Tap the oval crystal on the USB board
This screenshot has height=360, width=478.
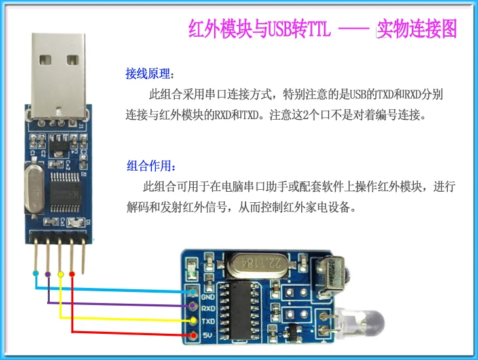(x=32, y=190)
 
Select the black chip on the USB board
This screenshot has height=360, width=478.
(x=65, y=189)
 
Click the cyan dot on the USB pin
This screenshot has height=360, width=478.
(x=35, y=273)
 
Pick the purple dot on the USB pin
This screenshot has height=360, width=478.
(x=48, y=273)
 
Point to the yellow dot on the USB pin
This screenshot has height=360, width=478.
(x=60, y=274)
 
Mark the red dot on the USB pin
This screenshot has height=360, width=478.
(x=72, y=274)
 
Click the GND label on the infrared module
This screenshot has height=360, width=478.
(x=208, y=295)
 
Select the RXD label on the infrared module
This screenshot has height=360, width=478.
(x=209, y=308)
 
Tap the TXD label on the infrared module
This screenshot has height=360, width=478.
(x=209, y=322)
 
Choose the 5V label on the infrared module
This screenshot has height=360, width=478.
(x=206, y=335)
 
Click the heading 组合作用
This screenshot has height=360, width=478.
(x=151, y=164)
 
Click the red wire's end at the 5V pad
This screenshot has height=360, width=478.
(x=194, y=336)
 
